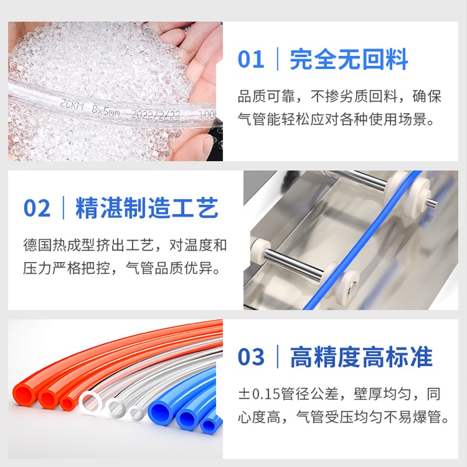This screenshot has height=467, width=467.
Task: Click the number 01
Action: click(x=251, y=60)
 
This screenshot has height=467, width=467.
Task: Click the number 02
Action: click(x=37, y=208)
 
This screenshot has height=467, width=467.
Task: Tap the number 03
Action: click(x=251, y=357)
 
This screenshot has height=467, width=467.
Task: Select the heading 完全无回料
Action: click(x=348, y=60)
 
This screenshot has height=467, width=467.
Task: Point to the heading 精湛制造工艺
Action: click(x=147, y=208)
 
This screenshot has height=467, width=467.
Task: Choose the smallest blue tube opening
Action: click(x=207, y=424)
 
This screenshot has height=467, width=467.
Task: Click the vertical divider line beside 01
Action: click(x=277, y=60)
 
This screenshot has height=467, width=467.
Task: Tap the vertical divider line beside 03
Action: click(x=277, y=357)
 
